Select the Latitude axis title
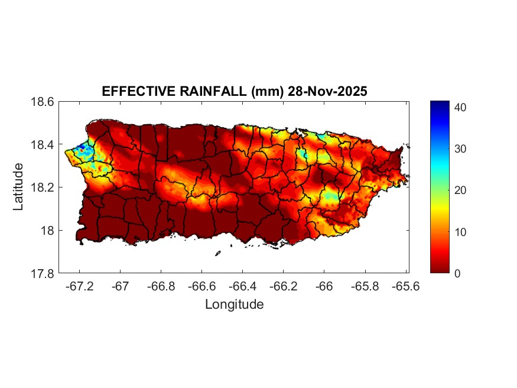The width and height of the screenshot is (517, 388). pyautogui.click(x=19, y=187)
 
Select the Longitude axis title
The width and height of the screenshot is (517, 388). pyautogui.click(x=234, y=305)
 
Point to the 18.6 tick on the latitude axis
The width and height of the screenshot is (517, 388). pyautogui.click(x=44, y=102)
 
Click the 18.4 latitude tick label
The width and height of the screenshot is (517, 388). pyautogui.click(x=44, y=145)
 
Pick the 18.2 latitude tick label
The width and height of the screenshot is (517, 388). pyautogui.click(x=44, y=187)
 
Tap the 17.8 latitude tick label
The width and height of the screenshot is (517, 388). pyautogui.click(x=44, y=273)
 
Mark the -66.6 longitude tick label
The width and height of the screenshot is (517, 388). pyautogui.click(x=201, y=286)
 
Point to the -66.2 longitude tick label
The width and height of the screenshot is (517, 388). pyautogui.click(x=282, y=286)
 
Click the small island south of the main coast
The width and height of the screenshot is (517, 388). pyautogui.click(x=217, y=254)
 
